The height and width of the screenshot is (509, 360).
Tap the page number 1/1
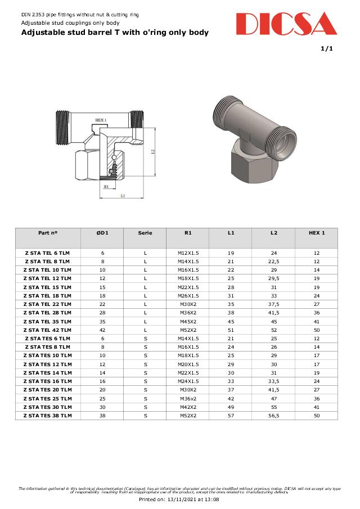pos(327,49)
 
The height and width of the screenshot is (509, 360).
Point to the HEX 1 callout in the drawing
pos(101,120)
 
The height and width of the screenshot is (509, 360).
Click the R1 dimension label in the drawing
pos(106,186)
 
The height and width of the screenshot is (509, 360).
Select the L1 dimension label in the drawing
pos(123,196)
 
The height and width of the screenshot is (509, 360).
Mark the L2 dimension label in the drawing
pos(152,152)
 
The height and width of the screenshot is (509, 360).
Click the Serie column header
pos(145,232)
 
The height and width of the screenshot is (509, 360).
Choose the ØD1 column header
pos(102,232)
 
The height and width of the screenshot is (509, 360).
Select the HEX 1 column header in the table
pos(317,232)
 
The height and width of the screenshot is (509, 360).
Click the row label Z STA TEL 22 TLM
pos(48,304)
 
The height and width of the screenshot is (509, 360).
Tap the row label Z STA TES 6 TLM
pos(48,339)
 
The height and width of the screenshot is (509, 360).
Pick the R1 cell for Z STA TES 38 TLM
pos(188,416)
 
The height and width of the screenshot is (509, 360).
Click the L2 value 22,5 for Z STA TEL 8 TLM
pos(274,262)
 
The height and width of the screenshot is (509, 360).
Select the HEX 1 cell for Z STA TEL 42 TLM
pos(317,330)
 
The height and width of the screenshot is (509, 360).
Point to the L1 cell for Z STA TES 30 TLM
pos(231,407)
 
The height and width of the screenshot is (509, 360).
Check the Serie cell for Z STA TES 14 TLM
pos(145,373)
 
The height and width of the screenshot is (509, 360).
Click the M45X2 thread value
pos(188,322)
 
